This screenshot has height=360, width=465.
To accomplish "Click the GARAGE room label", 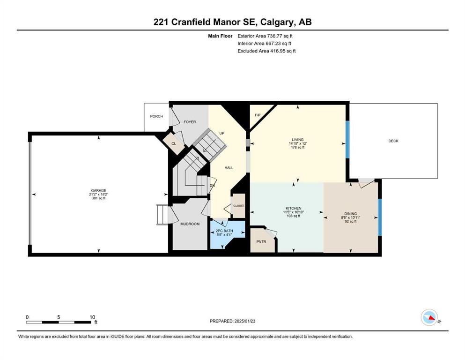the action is (x=98, y=190).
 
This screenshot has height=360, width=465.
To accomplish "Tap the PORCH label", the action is (x=156, y=116).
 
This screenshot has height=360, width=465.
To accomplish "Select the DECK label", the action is (x=393, y=141).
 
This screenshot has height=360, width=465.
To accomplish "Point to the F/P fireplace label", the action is (x=258, y=115).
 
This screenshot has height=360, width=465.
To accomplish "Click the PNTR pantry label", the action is (x=261, y=241).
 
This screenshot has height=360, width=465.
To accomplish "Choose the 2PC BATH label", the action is (x=224, y=231).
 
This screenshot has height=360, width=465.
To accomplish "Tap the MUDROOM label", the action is (x=190, y=224).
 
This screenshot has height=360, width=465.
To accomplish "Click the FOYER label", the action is (x=190, y=122).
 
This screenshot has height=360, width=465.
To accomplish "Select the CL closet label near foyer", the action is (x=174, y=143).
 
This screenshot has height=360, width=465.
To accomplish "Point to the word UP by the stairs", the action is (x=222, y=133).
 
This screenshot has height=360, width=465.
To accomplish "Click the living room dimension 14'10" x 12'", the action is (x=298, y=143).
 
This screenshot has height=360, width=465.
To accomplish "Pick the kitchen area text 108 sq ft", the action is (x=294, y=216).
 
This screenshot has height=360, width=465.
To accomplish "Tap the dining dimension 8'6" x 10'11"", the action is (x=351, y=217).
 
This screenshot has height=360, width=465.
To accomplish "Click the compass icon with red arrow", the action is (x=429, y=317).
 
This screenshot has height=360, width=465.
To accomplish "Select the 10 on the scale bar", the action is (x=92, y=317).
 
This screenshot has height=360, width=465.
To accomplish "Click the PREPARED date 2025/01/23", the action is (x=244, y=321).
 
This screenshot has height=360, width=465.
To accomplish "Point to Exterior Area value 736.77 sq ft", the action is (x=280, y=36).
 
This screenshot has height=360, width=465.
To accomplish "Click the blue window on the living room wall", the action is (x=347, y=140).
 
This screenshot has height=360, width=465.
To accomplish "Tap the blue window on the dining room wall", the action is (x=380, y=217).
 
